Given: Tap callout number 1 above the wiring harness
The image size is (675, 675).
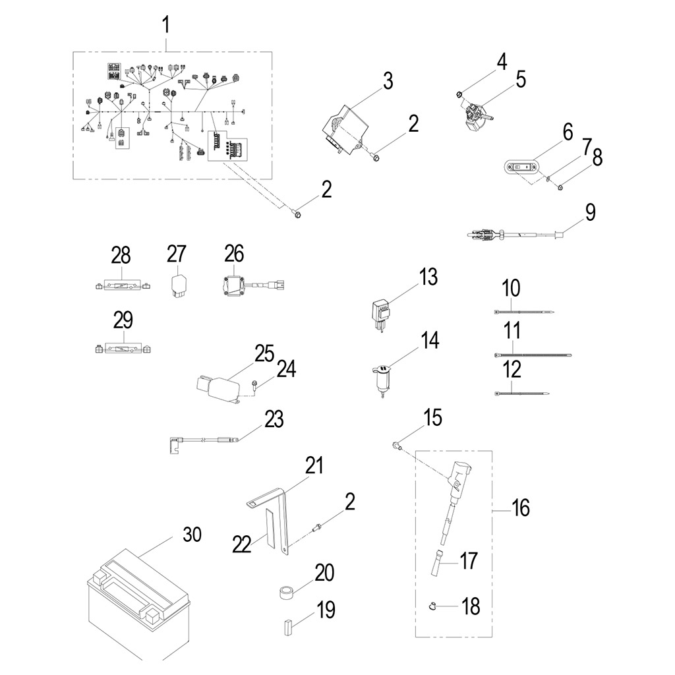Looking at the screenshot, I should click(166, 26).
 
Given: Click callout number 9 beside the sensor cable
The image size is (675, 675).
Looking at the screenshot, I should click(590, 212).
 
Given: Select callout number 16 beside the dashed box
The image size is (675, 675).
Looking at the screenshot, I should click(520, 508).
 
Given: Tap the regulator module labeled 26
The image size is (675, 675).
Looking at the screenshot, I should click(236, 285).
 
